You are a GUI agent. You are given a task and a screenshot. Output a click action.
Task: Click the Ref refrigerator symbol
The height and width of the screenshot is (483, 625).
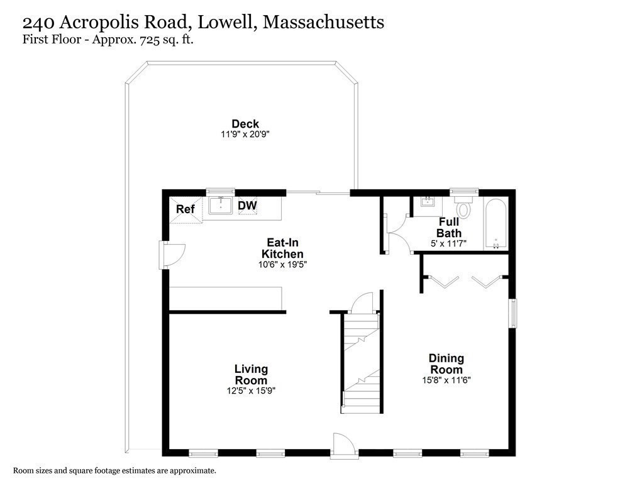pyautogui.click(x=184, y=209)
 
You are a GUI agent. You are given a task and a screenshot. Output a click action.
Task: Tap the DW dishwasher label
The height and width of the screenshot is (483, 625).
pyautogui.click(x=247, y=205)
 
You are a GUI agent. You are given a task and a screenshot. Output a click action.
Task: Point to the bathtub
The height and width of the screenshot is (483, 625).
pyautogui.click(x=495, y=225)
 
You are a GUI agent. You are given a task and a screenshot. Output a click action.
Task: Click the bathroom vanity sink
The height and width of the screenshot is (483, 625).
pyautogui.click(x=428, y=202)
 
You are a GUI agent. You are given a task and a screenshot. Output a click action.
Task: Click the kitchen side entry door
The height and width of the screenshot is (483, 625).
pyautogui.click(x=173, y=255)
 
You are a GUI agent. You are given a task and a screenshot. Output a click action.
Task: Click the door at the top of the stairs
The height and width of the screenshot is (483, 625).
pyautogui.click(x=362, y=303)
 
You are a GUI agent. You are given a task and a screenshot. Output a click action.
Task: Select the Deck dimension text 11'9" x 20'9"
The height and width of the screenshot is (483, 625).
pyautogui.click(x=245, y=134)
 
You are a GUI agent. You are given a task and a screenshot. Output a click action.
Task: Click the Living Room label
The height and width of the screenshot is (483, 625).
pyautogui.click(x=251, y=375)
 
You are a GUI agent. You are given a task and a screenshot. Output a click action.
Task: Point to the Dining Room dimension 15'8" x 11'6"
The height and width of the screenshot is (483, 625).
pyautogui.click(x=446, y=380)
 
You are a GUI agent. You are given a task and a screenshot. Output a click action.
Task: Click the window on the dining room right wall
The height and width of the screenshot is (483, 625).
pyautogui.click(x=514, y=313)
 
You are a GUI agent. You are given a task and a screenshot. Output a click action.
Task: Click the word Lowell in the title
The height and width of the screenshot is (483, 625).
pyautogui.click(x=227, y=23)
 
